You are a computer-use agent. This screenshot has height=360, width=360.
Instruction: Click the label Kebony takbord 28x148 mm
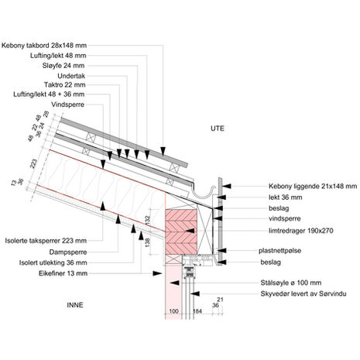(44, 46)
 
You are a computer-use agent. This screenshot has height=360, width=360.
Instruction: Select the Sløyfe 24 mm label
(63, 66)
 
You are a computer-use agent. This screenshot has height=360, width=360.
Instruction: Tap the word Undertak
(71, 76)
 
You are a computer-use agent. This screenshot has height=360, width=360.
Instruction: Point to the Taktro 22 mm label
(65, 85)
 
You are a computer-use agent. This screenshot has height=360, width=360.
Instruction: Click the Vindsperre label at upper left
(68, 105)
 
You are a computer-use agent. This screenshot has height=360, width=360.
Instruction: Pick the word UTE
(218, 129)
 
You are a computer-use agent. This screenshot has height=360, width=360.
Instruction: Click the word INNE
(75, 305)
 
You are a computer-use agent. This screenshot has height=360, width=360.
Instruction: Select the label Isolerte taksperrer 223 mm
(46, 241)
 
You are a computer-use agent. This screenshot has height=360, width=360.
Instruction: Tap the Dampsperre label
(68, 252)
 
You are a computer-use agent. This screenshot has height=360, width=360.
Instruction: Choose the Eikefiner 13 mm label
(63, 273)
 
